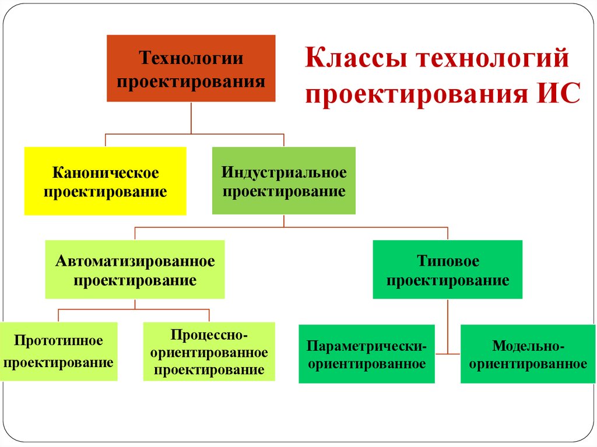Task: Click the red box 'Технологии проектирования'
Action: pos(191,68)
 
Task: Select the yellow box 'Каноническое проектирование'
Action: pos(106,181)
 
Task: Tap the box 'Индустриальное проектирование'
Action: pos(284,181)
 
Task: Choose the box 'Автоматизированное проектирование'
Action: pos(135,270)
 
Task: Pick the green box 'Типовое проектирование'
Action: pos(448,270)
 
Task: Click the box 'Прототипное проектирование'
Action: pos(58,351)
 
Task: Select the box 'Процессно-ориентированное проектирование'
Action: pos(209,352)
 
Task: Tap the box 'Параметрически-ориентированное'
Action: pos(367,354)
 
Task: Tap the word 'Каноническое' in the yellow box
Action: pos(106,173)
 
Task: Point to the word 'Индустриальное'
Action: pos(284,173)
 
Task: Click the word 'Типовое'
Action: pos(448,261)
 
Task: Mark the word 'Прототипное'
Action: pos(58,340)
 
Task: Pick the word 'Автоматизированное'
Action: pos(135,261)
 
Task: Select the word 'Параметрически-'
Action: pos(367,345)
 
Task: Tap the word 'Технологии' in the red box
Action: pos(191,59)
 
